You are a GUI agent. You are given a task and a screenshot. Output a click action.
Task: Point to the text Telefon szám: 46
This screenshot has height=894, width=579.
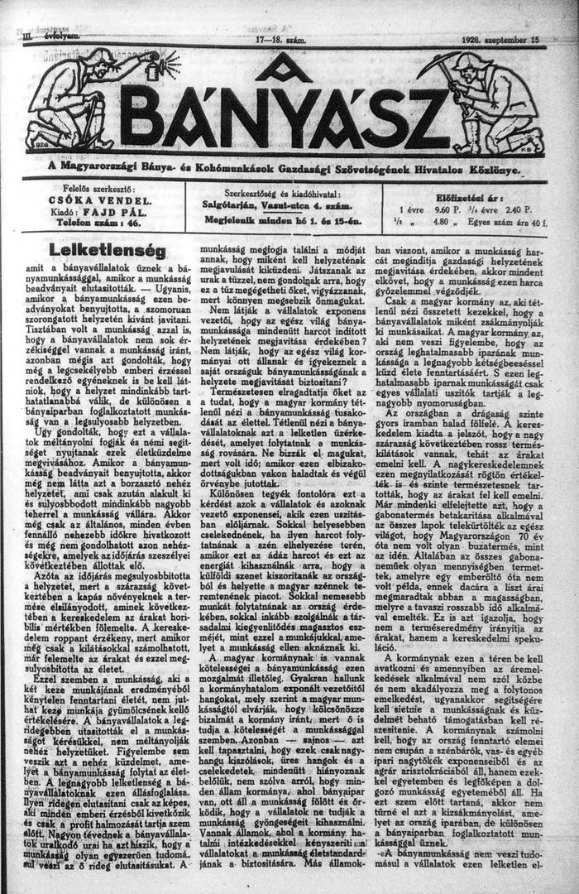(x=96, y=223)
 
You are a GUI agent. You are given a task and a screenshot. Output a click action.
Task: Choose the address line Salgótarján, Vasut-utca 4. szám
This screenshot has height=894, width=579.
(x=281, y=204)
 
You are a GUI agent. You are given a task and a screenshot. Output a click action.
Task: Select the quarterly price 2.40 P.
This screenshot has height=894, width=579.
(x=515, y=210)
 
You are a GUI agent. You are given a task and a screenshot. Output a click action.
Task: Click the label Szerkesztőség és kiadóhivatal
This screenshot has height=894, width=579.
(x=281, y=192)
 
